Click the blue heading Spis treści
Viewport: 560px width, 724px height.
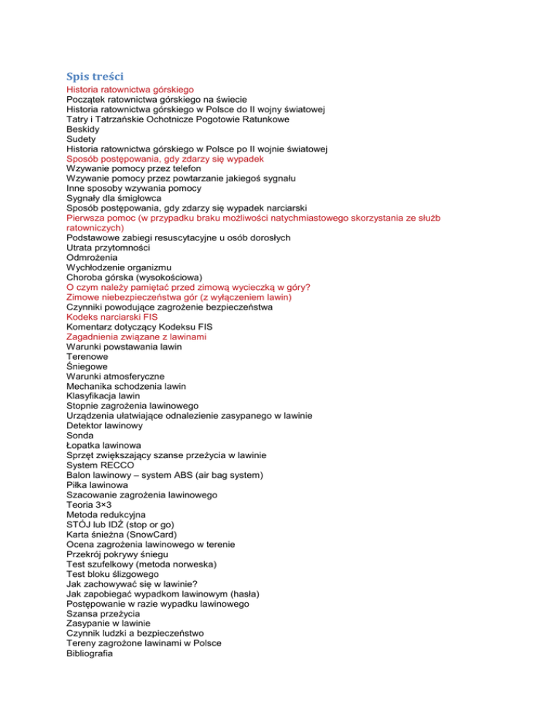pos(95,75)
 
